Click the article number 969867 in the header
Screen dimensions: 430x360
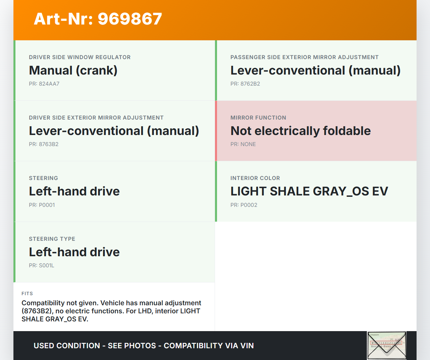point(130,19)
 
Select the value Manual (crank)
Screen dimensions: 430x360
point(73,71)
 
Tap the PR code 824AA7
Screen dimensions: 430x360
point(49,84)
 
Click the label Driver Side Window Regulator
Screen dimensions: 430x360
point(80,57)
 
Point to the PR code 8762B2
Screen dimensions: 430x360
point(250,84)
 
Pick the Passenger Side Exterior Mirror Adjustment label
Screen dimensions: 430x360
point(304,57)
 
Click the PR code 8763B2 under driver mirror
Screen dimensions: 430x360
point(49,144)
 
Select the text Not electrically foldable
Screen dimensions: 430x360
point(300,131)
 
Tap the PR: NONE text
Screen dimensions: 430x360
point(243,144)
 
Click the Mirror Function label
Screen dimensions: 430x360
point(258,118)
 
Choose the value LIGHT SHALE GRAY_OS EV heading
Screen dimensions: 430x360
point(309,191)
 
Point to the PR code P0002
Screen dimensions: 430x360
point(249,205)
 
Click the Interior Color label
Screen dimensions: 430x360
point(255,178)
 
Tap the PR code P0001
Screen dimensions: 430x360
point(47,205)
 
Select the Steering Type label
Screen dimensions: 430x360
point(52,239)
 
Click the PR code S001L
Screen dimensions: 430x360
point(47,266)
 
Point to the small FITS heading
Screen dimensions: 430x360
point(27,294)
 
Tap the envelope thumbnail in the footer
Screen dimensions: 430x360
point(387,345)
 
